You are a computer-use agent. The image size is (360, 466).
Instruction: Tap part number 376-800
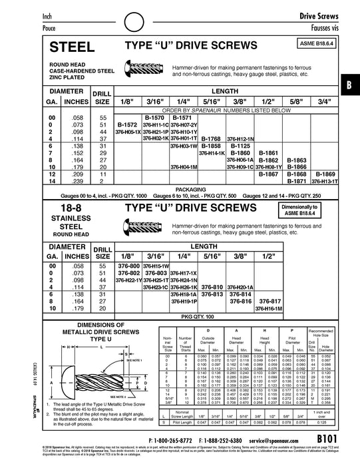coord(128,266)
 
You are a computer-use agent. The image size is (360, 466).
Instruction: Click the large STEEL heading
coord(73,47)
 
